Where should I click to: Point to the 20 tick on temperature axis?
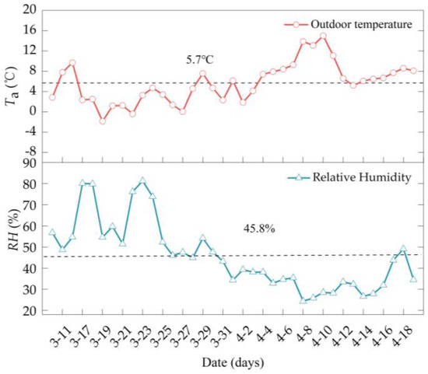coord(29,10)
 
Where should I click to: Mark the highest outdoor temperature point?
coord(323,36)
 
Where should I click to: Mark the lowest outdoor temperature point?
coord(102,121)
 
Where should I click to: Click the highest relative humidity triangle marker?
coord(142,180)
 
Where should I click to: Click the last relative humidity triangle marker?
coord(413,278)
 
